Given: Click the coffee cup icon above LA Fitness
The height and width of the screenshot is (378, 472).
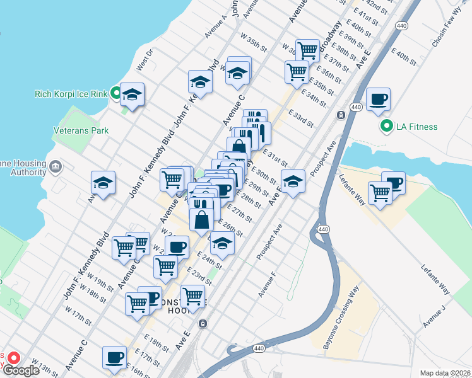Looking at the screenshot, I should (x=378, y=99).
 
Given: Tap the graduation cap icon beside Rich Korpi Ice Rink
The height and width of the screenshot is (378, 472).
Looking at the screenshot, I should (x=132, y=94).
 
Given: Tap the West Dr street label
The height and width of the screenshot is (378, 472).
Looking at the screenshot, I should (x=145, y=61).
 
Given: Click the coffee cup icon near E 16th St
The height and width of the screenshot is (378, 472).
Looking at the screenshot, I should (x=114, y=357).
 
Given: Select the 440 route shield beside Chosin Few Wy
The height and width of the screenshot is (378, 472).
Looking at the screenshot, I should (x=402, y=25).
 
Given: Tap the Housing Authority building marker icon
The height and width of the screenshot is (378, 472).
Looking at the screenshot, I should (x=56, y=166).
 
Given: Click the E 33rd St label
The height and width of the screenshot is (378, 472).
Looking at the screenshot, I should (x=301, y=118).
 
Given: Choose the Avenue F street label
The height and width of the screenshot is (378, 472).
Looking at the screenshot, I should (x=267, y=285).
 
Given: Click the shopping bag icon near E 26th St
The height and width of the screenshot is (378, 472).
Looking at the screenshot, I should (x=201, y=220).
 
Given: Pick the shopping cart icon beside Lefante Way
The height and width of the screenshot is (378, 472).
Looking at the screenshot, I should (x=379, y=193).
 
